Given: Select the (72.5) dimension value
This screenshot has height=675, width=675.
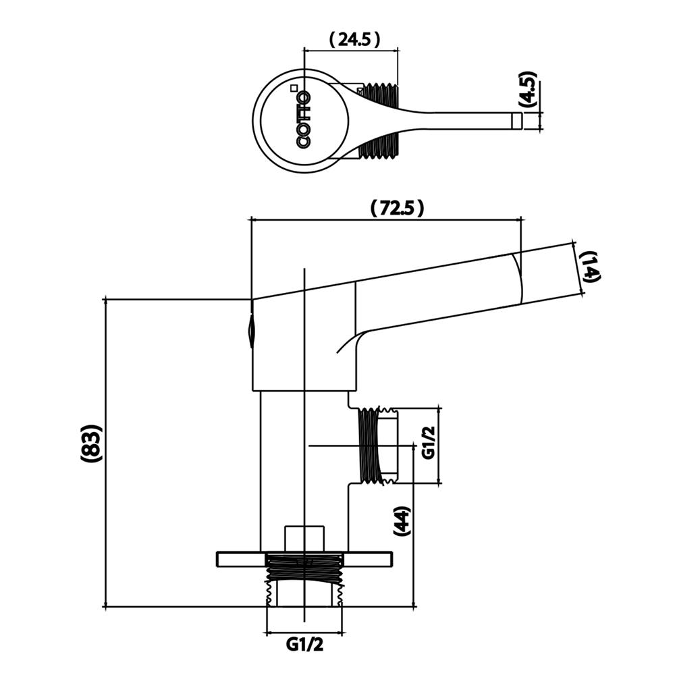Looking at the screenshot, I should pyautogui.click(x=397, y=209).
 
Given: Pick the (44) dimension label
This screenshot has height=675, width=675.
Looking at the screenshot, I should pyautogui.click(x=402, y=520).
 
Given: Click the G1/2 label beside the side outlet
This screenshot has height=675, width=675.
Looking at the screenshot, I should pyautogui.click(x=427, y=443).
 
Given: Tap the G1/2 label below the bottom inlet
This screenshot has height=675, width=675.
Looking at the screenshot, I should pyautogui.click(x=305, y=645).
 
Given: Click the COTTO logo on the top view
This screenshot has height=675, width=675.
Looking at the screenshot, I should pyautogui.click(x=304, y=119).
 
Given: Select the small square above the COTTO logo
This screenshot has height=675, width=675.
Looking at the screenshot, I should pyautogui.click(x=293, y=87).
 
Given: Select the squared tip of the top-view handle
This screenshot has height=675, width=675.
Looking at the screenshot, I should pyautogui.click(x=517, y=121).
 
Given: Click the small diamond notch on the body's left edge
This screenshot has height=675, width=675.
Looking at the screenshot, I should pyautogui.click(x=252, y=330).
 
